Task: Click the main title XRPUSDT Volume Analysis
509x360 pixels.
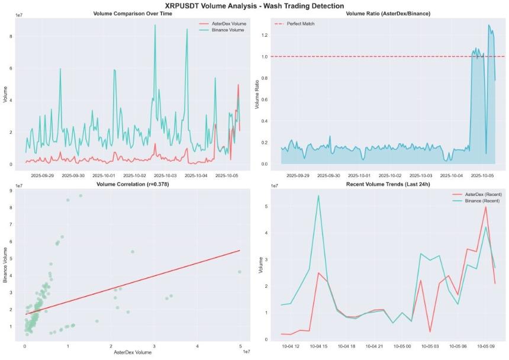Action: [254, 5]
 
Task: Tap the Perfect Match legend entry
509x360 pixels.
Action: [301, 24]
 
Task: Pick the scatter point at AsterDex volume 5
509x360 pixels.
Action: [240, 272]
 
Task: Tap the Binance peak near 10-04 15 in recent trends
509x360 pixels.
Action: [318, 195]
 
